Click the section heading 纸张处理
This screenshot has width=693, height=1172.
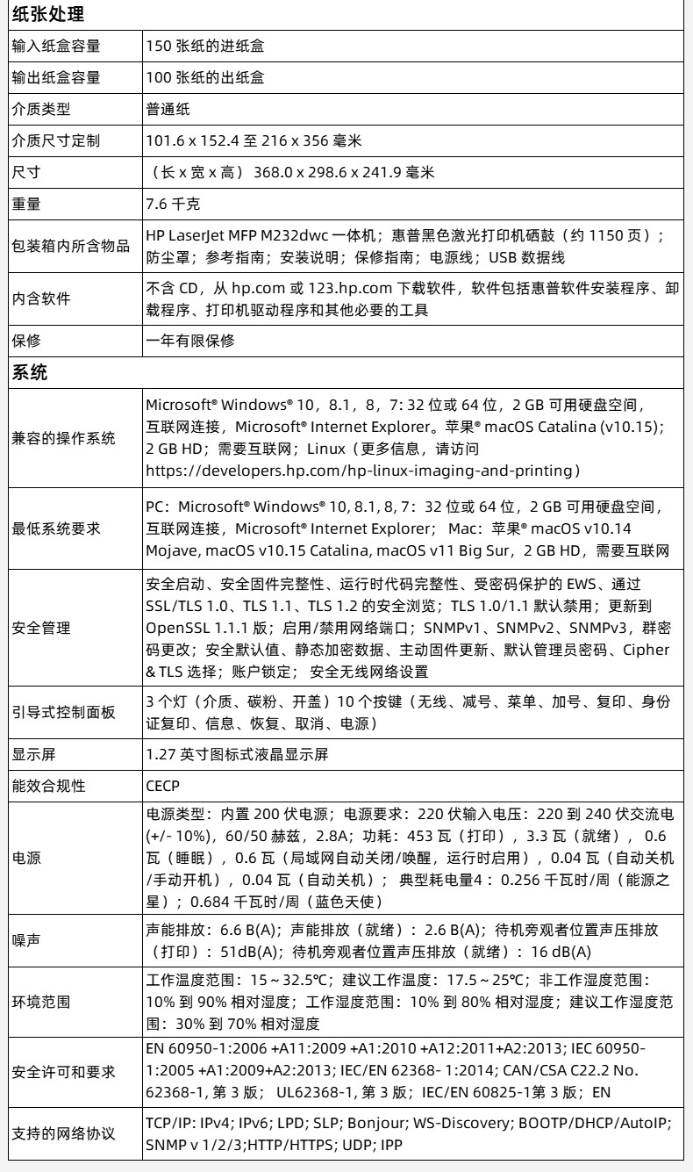pyautogui.click(x=41, y=15)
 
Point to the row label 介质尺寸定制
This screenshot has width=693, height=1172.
pyautogui.click(x=54, y=140)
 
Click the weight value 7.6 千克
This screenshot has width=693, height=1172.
pyautogui.click(x=174, y=205)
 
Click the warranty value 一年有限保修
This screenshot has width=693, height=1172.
pyautogui.click(x=190, y=340)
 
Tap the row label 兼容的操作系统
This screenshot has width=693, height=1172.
pyautogui.click(x=62, y=438)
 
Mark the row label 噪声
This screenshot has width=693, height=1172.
pyautogui.click(x=26, y=939)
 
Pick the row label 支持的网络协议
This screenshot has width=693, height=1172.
pyautogui.click(x=62, y=1134)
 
